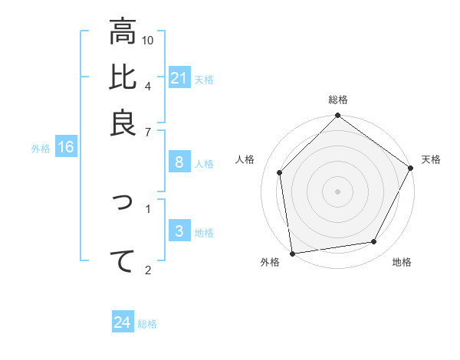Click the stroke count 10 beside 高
[149, 40]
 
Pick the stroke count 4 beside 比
[148, 85]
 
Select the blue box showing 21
[179, 78]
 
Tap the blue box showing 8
[179, 162]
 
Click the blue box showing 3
[179, 231]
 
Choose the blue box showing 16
[66, 148]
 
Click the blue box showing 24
[122, 322]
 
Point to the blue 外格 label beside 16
[41, 149]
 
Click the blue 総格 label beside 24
[147, 324]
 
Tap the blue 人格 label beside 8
[204, 163]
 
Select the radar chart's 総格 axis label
[337, 100]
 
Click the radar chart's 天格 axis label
[431, 159]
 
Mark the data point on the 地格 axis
[374, 242]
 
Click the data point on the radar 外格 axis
[292, 253]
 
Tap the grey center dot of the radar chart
[337, 191]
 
